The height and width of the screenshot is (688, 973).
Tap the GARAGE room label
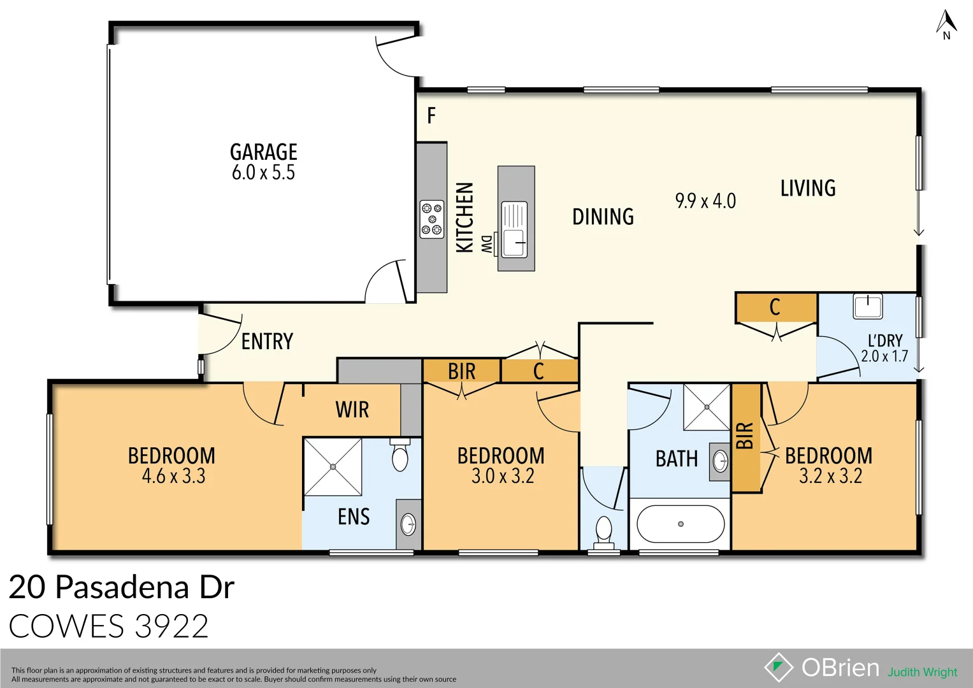[x=263, y=152]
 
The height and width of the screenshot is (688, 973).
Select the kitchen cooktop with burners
[x=431, y=219]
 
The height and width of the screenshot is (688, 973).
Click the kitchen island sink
[x=515, y=229]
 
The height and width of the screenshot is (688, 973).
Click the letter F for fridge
[x=431, y=116]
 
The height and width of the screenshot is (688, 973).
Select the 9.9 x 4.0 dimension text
[x=705, y=201]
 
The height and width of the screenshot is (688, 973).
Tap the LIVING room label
[x=808, y=189]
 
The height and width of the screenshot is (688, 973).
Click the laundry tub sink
[x=868, y=306]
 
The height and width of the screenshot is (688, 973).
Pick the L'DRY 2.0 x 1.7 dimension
[x=884, y=356]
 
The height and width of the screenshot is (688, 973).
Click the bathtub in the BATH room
[x=681, y=524]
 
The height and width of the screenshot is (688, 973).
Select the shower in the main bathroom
[x=706, y=407]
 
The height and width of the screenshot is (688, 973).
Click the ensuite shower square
[x=333, y=467]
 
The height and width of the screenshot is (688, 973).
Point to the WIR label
[x=352, y=410]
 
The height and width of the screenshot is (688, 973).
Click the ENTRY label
[x=267, y=342]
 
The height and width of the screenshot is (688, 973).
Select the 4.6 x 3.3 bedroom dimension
[x=173, y=477]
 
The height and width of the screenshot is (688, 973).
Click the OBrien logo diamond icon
[x=778, y=667]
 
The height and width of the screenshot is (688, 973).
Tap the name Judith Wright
[x=922, y=672]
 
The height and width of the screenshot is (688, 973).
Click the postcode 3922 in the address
[x=172, y=626]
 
